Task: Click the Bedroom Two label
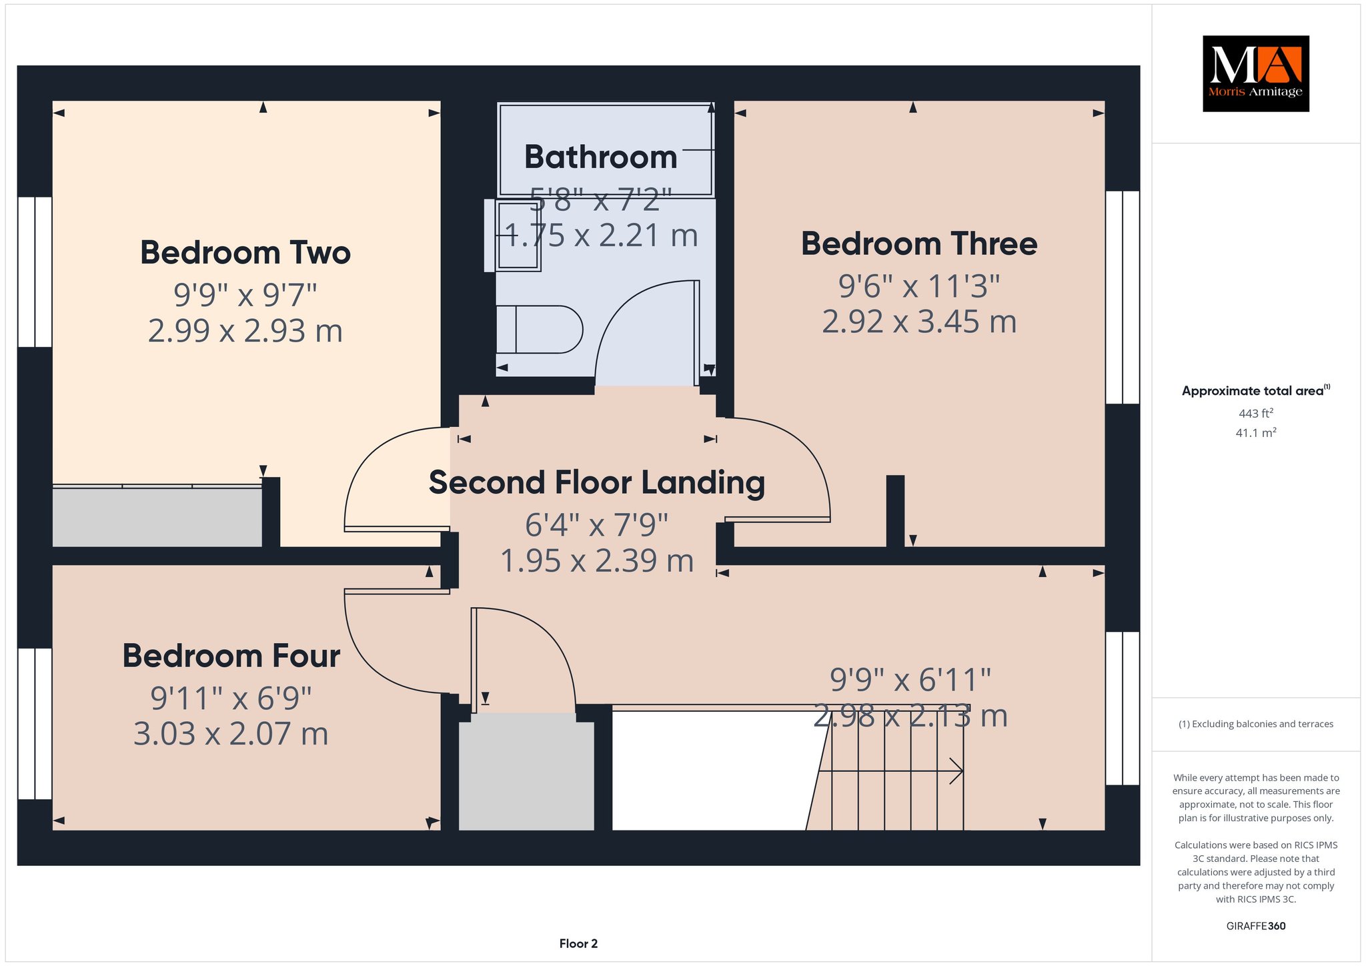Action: [245, 253]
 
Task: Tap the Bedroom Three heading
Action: [919, 244]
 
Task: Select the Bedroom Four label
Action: [231, 656]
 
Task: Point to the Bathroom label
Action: [601, 157]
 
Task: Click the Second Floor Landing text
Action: [597, 483]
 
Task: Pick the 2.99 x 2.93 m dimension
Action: [245, 331]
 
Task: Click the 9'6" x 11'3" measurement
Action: [919, 286]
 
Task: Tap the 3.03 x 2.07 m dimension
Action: [231, 734]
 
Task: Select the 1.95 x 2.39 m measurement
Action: [597, 560]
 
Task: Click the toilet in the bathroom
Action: [540, 330]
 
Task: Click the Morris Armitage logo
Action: [1256, 73]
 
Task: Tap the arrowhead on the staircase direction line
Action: [958, 772]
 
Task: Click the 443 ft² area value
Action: [1256, 413]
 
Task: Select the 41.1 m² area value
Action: [1256, 432]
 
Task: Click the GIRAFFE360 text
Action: [1256, 926]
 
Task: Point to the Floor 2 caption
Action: [578, 943]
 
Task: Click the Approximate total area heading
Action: [1256, 391]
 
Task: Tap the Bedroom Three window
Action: [1123, 298]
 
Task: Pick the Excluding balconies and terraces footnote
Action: [1256, 724]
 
